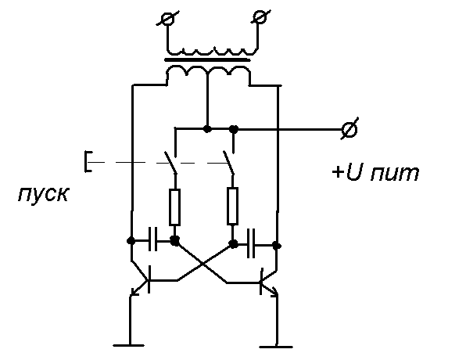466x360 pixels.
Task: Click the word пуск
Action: [x=43, y=195]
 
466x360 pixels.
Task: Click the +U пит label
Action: [x=375, y=173]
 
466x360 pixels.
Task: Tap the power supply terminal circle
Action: [x=349, y=129]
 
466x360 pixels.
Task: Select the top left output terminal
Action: [x=167, y=19]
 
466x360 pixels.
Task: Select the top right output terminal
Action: [x=260, y=17]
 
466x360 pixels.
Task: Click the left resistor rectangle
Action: [x=174, y=207]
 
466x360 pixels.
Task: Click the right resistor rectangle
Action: [x=232, y=206]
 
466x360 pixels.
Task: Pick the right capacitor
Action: [x=251, y=243]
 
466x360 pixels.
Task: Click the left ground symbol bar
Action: [x=129, y=345]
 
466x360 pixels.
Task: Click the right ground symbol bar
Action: [x=276, y=347]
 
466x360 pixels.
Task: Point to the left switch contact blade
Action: [x=170, y=163]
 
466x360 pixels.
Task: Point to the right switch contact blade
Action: [x=229, y=163]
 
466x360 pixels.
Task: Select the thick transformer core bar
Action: [x=207, y=59]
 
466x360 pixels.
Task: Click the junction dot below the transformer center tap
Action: [x=207, y=129]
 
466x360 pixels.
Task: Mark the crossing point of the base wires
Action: [x=203, y=265]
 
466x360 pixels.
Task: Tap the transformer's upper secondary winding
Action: [x=212, y=51]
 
